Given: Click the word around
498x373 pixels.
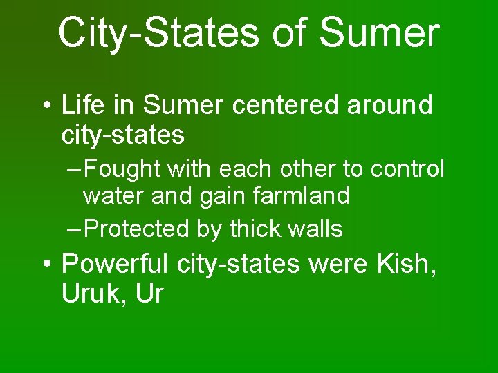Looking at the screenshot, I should tap(389, 106).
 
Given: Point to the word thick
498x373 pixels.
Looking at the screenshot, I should tap(254, 229).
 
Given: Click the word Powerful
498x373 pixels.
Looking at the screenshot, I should tap(116, 264).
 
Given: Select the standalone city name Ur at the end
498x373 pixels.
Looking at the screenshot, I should tap(149, 294).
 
